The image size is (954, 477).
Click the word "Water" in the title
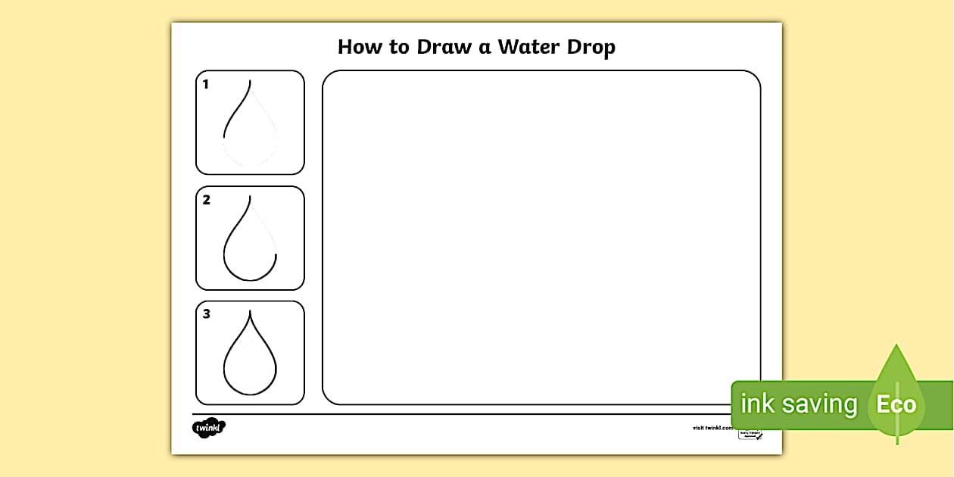(527, 47)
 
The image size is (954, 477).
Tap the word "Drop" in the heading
(590, 48)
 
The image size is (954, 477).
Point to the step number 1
(205, 85)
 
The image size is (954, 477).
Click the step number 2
(206, 201)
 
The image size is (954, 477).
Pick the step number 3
(206, 314)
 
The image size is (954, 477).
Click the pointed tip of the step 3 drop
(251, 311)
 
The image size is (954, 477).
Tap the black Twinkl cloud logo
(209, 428)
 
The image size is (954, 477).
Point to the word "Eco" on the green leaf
(896, 404)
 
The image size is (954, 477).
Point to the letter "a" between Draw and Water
(484, 48)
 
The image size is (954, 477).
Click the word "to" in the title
(395, 48)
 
